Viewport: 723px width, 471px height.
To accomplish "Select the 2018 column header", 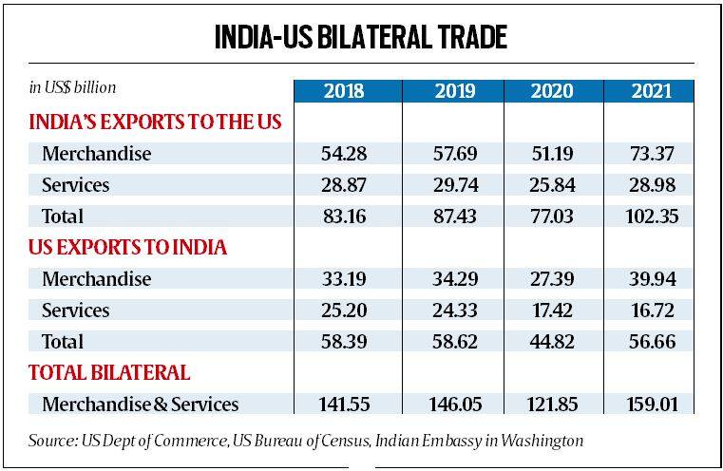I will coord(348,91).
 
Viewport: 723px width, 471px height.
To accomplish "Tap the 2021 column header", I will coord(650,91).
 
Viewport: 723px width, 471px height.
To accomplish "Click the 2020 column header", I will coord(551,91).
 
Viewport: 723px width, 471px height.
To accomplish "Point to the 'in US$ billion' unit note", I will coord(72,87).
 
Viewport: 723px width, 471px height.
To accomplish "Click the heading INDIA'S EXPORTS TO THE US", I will coord(159,122).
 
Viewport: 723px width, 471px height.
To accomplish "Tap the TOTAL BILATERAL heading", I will coord(109,372).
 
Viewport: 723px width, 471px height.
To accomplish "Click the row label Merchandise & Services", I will coord(141,405).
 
